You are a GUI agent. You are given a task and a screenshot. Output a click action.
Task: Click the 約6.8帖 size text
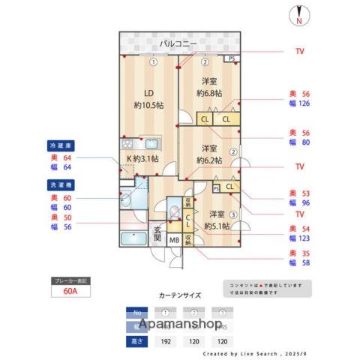[x=209, y=93]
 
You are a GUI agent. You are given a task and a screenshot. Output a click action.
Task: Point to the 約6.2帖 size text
[x=209, y=160]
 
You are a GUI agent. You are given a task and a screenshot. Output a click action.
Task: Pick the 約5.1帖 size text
[x=217, y=224]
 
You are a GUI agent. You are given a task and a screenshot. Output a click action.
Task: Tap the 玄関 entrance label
[x=157, y=233]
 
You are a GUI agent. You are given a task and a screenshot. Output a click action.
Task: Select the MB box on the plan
[x=173, y=240]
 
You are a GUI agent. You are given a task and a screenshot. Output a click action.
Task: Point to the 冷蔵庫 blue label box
[x=61, y=144]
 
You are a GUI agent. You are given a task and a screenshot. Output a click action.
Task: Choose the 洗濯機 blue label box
[x=61, y=184]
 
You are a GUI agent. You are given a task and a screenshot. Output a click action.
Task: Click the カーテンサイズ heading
[x=180, y=295]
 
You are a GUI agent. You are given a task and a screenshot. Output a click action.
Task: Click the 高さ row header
[x=136, y=340]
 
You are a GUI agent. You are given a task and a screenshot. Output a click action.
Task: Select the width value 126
[x=304, y=105]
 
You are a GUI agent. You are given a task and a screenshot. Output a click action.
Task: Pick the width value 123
[x=304, y=238]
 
